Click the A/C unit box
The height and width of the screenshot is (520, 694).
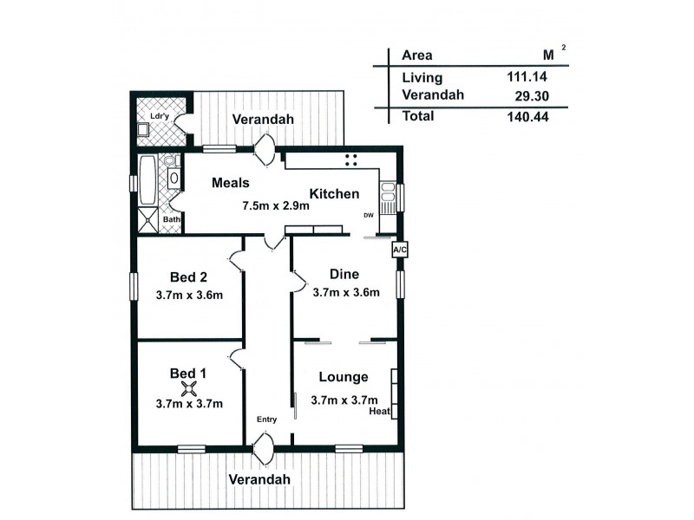(400, 250)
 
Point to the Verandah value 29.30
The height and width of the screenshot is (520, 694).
(532, 95)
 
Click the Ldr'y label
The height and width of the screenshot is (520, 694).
(158, 115)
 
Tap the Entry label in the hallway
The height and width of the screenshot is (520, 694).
(267, 419)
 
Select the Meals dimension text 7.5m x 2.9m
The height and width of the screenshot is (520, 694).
(276, 206)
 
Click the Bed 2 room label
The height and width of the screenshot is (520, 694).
(188, 277)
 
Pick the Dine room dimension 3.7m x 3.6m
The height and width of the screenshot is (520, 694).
(346, 292)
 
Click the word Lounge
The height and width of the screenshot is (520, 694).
(344, 377)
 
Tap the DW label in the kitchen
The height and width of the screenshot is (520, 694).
(369, 216)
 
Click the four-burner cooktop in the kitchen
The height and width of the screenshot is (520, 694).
(352, 159)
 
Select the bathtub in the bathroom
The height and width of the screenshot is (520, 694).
(147, 179)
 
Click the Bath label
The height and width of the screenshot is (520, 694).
(172, 219)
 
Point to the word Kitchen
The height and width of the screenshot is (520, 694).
(334, 194)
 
